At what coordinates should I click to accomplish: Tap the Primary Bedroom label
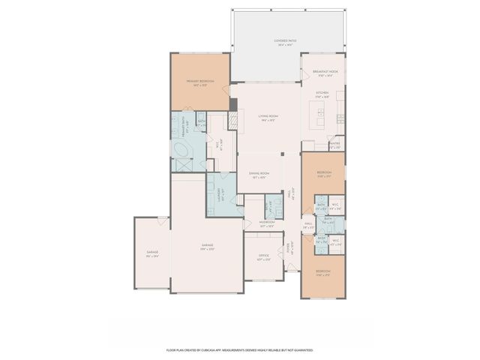pyautogui.click(x=200, y=82)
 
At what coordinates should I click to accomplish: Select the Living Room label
pyautogui.click(x=268, y=118)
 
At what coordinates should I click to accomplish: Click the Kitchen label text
pyautogui.click(x=322, y=94)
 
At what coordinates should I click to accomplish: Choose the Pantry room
pyautogui.click(x=335, y=145)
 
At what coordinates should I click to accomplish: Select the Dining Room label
pyautogui.click(x=259, y=175)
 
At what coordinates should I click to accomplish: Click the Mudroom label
pyautogui.click(x=267, y=223)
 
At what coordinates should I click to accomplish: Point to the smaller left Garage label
pyautogui.click(x=152, y=253)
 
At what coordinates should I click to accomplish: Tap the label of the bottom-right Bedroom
pyautogui.click(x=322, y=272)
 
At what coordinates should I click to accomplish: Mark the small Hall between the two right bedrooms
pyautogui.click(x=308, y=223)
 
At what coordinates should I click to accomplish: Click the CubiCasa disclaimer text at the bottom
pyautogui.click(x=240, y=349)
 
